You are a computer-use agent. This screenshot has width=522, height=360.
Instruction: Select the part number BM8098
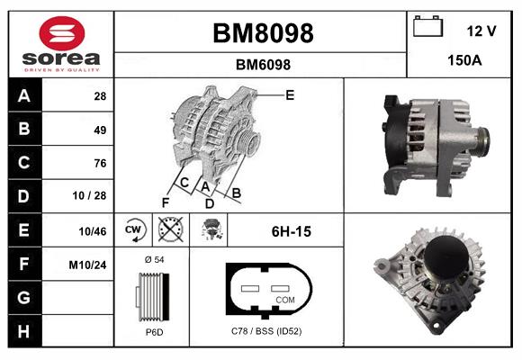pos(262,33)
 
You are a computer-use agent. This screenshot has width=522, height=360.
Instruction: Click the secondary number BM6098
pos(262,65)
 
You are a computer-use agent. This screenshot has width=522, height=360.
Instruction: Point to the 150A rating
pos(464,62)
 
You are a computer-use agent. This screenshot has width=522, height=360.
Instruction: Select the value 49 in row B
pos(100,130)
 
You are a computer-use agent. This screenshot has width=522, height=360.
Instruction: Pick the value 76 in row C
pos(100,164)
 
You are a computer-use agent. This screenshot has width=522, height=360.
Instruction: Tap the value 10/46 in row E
pos(94,231)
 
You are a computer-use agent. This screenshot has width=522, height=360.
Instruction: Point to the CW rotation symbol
pos(132,230)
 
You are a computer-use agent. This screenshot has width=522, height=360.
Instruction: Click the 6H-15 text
pos(291,231)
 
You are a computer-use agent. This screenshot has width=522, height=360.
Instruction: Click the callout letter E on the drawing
pos(290,94)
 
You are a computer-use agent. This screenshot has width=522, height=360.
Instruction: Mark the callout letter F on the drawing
pos(165,202)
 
